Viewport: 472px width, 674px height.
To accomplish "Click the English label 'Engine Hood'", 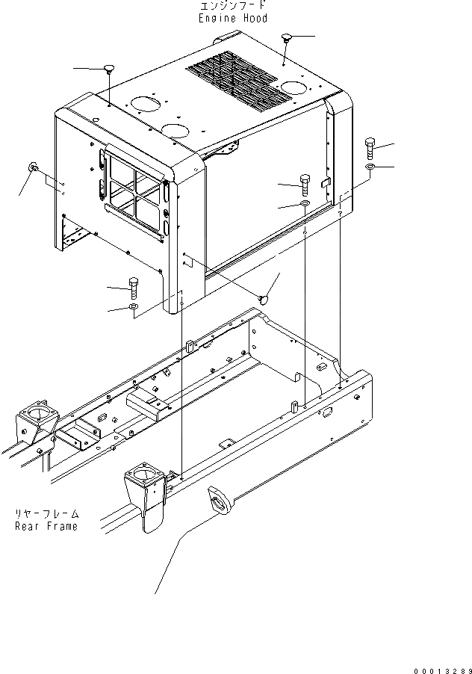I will (x=233, y=18).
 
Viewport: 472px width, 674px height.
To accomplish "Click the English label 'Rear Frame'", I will (x=46, y=525).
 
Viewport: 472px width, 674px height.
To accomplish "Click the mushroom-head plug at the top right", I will (x=288, y=38).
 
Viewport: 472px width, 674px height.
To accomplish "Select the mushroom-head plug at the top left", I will (x=110, y=69).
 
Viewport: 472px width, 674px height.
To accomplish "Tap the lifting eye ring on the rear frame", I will (x=218, y=499).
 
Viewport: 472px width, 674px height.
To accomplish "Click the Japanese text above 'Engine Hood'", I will (x=233, y=7).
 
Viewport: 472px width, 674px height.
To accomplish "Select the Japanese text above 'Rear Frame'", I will (x=46, y=514).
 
